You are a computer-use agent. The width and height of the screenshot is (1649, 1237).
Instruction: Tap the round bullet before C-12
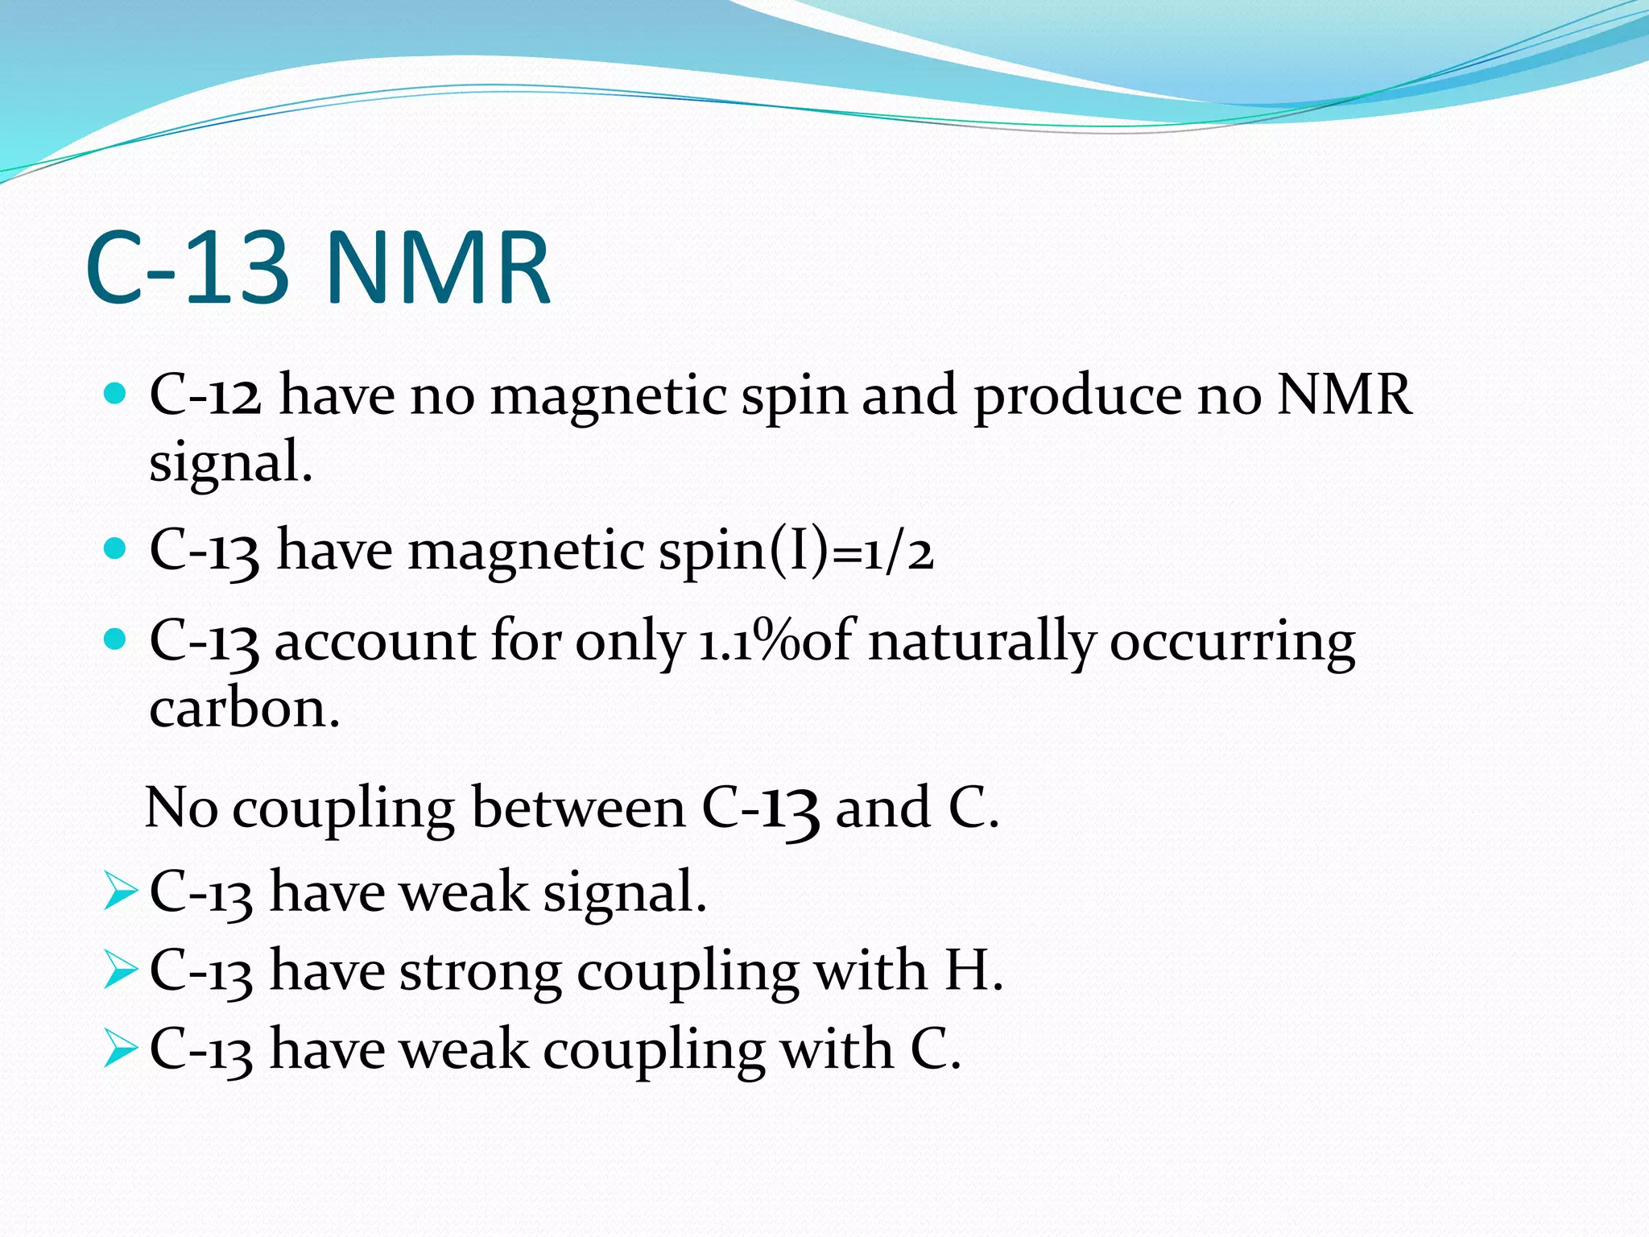click(x=116, y=394)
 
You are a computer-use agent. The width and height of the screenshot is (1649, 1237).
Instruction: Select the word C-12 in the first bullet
click(x=205, y=395)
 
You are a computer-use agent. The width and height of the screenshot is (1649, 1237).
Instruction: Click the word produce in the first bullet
click(x=1077, y=397)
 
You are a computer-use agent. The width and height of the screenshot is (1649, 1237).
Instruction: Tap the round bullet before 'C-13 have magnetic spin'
click(x=116, y=549)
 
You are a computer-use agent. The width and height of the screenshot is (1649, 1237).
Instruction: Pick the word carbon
click(x=244, y=708)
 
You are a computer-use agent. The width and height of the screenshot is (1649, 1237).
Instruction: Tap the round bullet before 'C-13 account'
click(x=116, y=640)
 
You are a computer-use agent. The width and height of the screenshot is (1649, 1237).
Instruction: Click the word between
click(x=578, y=808)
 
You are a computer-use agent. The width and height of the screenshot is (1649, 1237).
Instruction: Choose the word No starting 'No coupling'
click(x=182, y=808)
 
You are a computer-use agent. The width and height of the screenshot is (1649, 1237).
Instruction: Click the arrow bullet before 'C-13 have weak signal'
click(x=120, y=892)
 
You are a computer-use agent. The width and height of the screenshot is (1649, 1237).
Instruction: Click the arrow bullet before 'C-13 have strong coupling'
click(x=120, y=970)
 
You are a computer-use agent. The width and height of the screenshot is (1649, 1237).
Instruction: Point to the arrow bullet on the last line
click(x=120, y=1049)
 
